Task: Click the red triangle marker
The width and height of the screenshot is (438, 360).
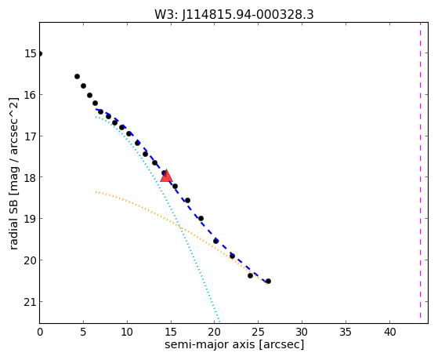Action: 166,176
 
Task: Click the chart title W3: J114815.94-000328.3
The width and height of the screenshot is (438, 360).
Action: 234,15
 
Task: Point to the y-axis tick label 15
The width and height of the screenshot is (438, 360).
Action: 31,53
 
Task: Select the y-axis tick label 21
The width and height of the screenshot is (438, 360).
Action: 31,302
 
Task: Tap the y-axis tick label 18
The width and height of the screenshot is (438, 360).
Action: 31,177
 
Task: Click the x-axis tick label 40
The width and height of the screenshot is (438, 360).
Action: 390,332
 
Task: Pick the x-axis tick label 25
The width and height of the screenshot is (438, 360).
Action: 259,332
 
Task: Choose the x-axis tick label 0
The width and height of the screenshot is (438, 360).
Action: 40,332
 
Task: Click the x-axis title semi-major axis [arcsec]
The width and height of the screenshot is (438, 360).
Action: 234,344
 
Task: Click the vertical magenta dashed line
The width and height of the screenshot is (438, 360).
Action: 420,170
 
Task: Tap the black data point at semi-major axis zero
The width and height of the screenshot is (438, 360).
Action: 40,53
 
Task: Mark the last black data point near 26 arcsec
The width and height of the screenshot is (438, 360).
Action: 268,281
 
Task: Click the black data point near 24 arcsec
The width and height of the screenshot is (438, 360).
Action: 250,276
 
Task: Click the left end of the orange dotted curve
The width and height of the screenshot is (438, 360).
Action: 96,192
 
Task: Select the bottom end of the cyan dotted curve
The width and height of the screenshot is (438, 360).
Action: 219,322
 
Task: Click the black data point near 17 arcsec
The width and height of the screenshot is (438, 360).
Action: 188,200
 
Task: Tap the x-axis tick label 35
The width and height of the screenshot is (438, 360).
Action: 346,332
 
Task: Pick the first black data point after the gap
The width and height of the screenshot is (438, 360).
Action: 77,76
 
